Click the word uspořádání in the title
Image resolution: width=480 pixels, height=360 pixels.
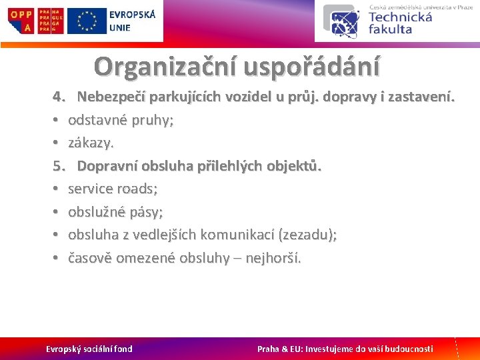pyautogui.click(x=312, y=66)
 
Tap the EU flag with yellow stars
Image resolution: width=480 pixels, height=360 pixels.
pyautogui.click(x=87, y=21)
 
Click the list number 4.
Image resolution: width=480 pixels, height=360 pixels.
pyautogui.click(x=58, y=97)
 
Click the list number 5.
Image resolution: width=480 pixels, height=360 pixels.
pyautogui.click(x=58, y=166)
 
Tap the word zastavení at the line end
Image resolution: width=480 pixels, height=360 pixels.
pyautogui.click(x=423, y=97)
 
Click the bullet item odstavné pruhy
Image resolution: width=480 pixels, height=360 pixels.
pyautogui.click(x=121, y=121)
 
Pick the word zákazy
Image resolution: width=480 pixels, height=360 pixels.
pyautogui.click(x=91, y=143)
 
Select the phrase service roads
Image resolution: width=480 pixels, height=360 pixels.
pyautogui.click(x=113, y=189)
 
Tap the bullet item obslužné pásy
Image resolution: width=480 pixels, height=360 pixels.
pyautogui.click(x=115, y=212)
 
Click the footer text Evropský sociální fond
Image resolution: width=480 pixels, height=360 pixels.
pyautogui.click(x=89, y=349)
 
